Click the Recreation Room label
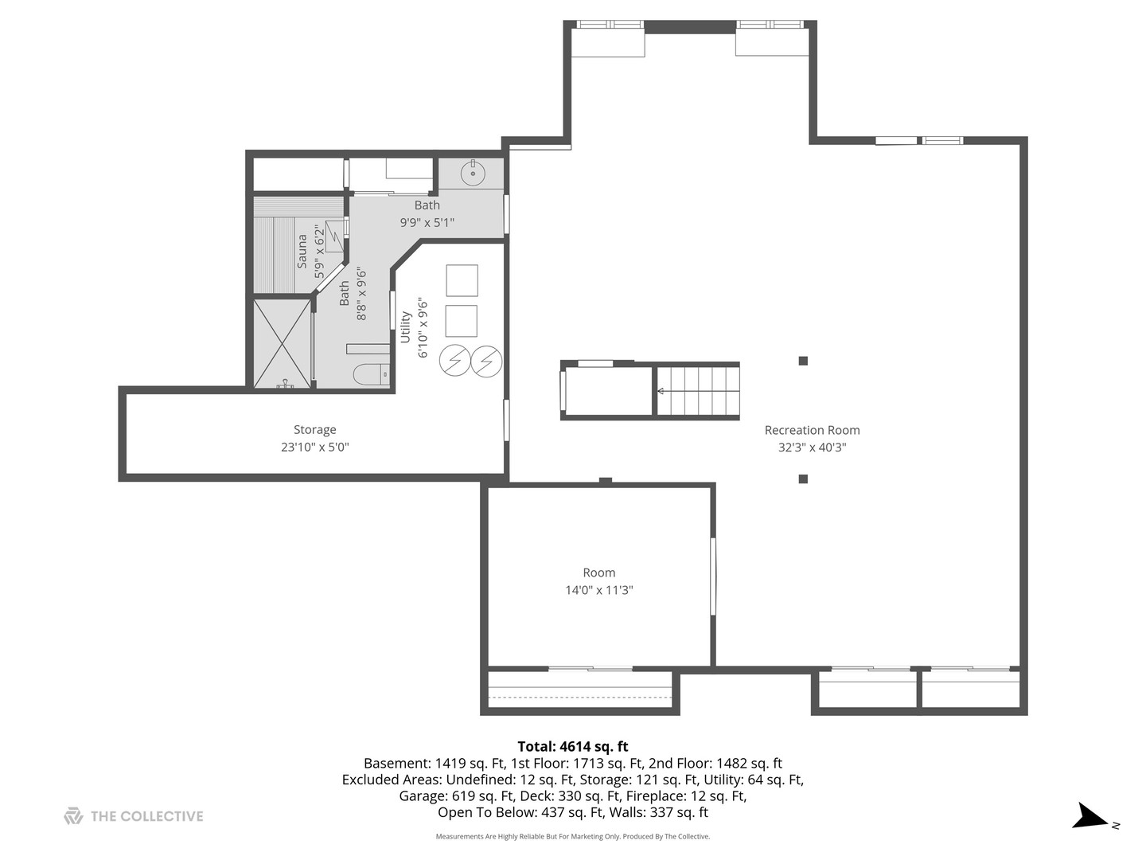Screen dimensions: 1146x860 coord(812,430)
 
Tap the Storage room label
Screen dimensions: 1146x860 coord(315,430)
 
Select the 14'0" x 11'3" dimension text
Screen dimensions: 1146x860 coord(598,590)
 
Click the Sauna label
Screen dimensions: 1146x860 coord(302,251)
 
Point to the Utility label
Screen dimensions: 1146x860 coord(405,326)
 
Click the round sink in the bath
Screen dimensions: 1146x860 coord(473,173)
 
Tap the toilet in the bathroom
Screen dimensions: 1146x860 coord(371,375)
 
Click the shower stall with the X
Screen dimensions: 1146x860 coord(282,343)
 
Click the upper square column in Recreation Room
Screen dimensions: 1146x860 coord(803,361)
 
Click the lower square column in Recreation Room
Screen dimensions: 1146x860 coord(803,479)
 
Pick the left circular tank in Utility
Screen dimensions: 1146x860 coord(454,360)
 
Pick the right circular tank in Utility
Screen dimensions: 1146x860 coord(486,360)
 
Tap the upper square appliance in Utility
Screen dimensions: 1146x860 coord(462,280)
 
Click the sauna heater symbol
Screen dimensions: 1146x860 coord(334,236)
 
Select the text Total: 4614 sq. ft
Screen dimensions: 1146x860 coord(573,746)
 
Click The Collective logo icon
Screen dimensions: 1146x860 coord(73,815)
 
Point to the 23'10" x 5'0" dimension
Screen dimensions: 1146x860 coord(315,447)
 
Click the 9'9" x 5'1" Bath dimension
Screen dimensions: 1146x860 coord(427,222)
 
